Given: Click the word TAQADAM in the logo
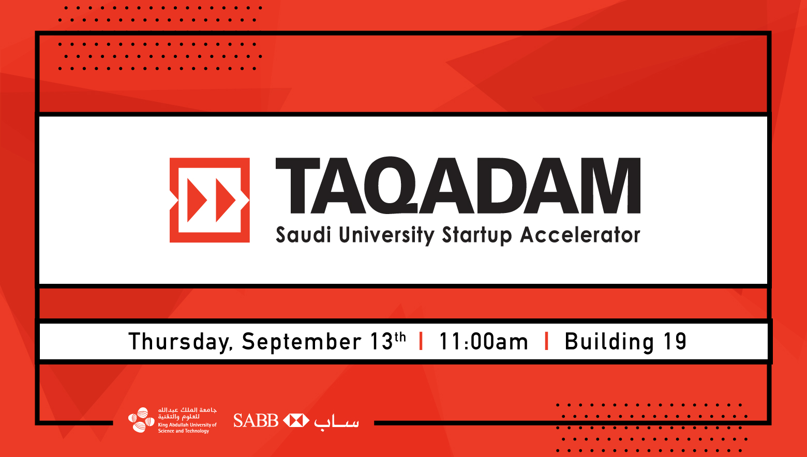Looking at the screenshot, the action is (x=458, y=186).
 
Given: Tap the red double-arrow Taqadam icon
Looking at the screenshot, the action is (x=210, y=200).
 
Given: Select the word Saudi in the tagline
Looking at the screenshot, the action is (x=303, y=235).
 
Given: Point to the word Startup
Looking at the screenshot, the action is (x=476, y=236).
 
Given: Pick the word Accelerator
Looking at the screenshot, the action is (x=580, y=235).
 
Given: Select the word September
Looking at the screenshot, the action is (x=302, y=342).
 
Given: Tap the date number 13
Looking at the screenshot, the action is (x=382, y=341).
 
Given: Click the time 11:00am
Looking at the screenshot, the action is (x=484, y=341).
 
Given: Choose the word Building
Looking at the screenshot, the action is (x=609, y=342).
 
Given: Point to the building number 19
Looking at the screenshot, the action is (x=675, y=341).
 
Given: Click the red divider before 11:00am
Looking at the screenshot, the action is (x=421, y=341).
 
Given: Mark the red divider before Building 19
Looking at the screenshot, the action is (x=546, y=341).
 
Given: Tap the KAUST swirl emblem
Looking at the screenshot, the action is (x=141, y=420).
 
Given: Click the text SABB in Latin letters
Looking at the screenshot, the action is (x=256, y=421).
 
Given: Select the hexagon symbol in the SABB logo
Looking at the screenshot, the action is (x=296, y=421).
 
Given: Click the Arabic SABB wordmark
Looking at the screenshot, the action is (x=336, y=422).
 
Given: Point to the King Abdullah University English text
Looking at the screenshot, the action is (x=187, y=428).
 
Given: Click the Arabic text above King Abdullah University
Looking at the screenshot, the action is (x=187, y=414).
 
